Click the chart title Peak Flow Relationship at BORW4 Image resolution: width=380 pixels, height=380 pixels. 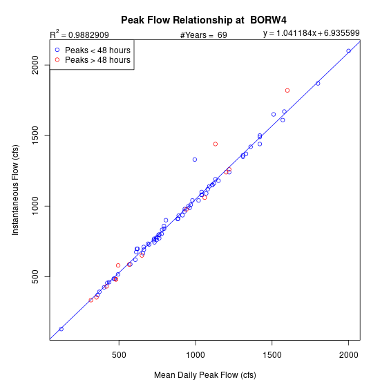(204, 20)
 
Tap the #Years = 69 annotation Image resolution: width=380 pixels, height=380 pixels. (204, 35)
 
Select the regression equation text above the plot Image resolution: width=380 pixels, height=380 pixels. (311, 33)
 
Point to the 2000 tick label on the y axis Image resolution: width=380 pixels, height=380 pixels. (35, 65)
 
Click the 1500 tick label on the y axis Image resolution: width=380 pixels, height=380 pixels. (35, 135)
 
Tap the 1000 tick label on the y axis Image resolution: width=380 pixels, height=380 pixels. (35, 206)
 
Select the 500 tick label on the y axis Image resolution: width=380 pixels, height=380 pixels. (35, 276)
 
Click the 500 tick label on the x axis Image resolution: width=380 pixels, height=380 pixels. (119, 355)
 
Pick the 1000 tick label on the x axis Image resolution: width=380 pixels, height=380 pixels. (196, 355)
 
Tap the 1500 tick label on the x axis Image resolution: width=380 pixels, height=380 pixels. (272, 355)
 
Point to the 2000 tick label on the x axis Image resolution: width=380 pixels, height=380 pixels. (348, 355)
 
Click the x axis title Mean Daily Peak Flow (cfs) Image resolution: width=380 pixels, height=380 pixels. (205, 375)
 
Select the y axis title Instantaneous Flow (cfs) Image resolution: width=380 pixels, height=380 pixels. (15, 190)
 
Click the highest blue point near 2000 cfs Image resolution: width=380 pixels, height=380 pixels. (348, 51)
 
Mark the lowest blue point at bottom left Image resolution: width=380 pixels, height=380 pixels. (61, 329)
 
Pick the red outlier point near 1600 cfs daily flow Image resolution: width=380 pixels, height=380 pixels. (287, 91)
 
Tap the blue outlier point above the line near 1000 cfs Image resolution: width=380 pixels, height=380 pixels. (195, 160)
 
